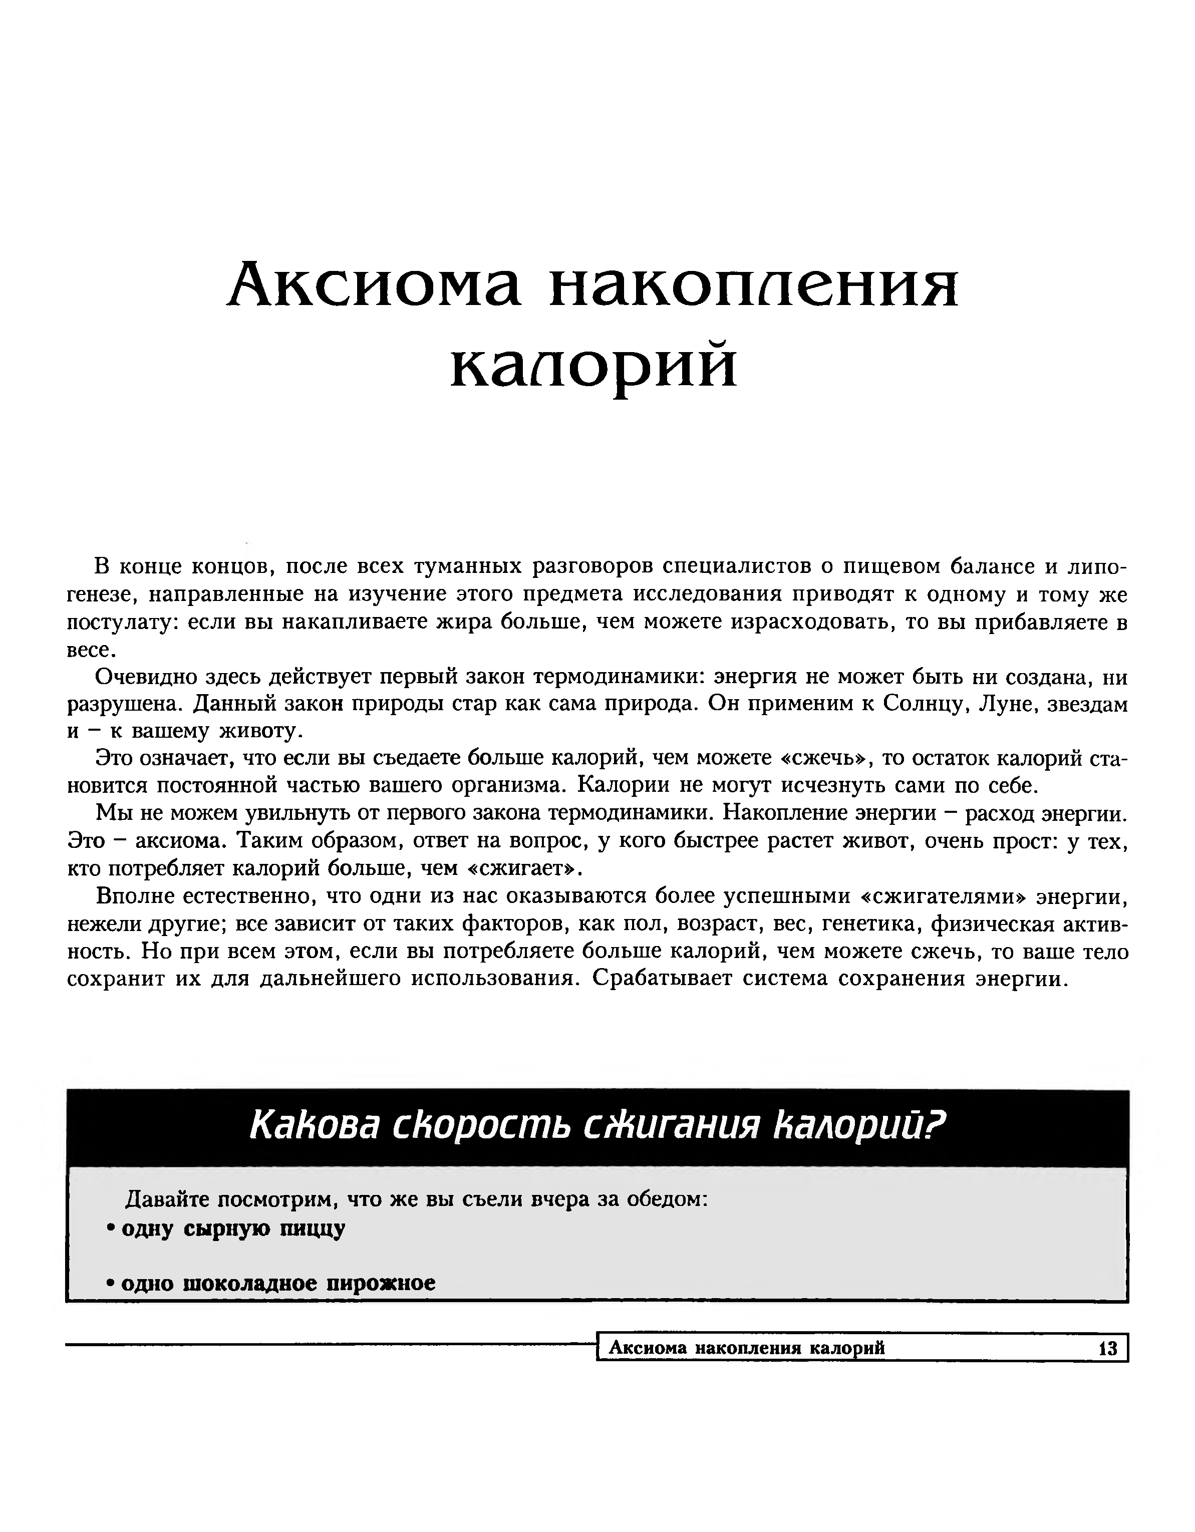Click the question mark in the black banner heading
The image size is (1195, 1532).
938,1125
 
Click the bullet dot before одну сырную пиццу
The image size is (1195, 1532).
110,1230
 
